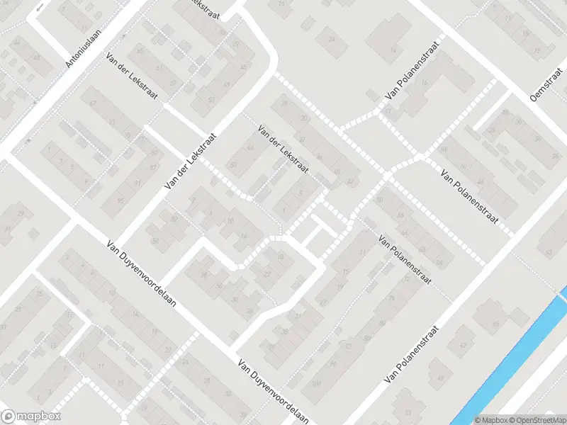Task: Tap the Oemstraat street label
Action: pyautogui.click(x=546, y=91)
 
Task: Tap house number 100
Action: pyautogui.click(x=315, y=383)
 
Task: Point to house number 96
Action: pyautogui.click(x=332, y=364)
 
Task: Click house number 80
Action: pyautogui.click(x=382, y=322)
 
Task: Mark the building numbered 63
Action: pyautogui.click(x=548, y=251)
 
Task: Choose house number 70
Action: pyautogui.click(x=379, y=200)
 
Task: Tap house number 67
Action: pyautogui.click(x=93, y=103)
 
